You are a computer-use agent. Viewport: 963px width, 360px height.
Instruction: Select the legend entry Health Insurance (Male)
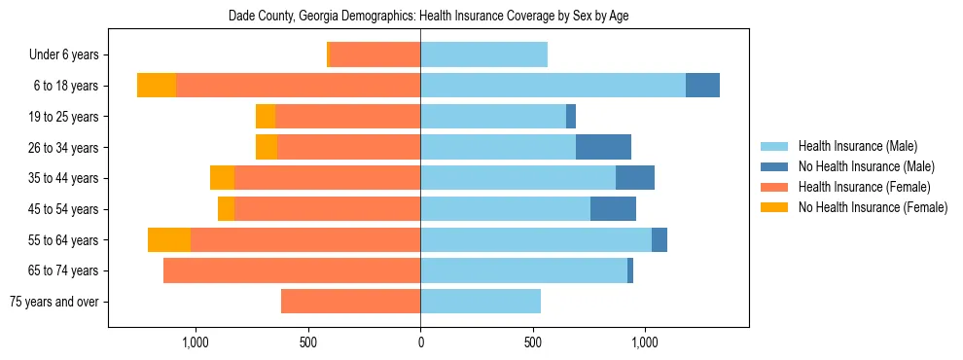coord(856,146)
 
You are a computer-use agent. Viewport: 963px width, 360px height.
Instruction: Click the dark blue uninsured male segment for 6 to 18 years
coord(702,86)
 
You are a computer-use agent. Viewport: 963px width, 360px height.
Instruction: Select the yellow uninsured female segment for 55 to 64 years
coord(169,239)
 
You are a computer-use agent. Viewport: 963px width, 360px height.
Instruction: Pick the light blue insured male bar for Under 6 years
coord(483,55)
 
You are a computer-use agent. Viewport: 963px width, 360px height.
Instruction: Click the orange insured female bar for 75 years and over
coord(350,302)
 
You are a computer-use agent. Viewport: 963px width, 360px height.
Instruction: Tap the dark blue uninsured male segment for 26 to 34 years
coord(603,147)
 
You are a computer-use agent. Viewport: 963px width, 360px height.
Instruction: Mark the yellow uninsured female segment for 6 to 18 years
coord(157,86)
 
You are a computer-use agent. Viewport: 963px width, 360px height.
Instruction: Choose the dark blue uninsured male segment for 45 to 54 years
coord(613,209)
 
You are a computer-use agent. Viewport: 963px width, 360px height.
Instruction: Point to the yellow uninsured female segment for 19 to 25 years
coord(266,117)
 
